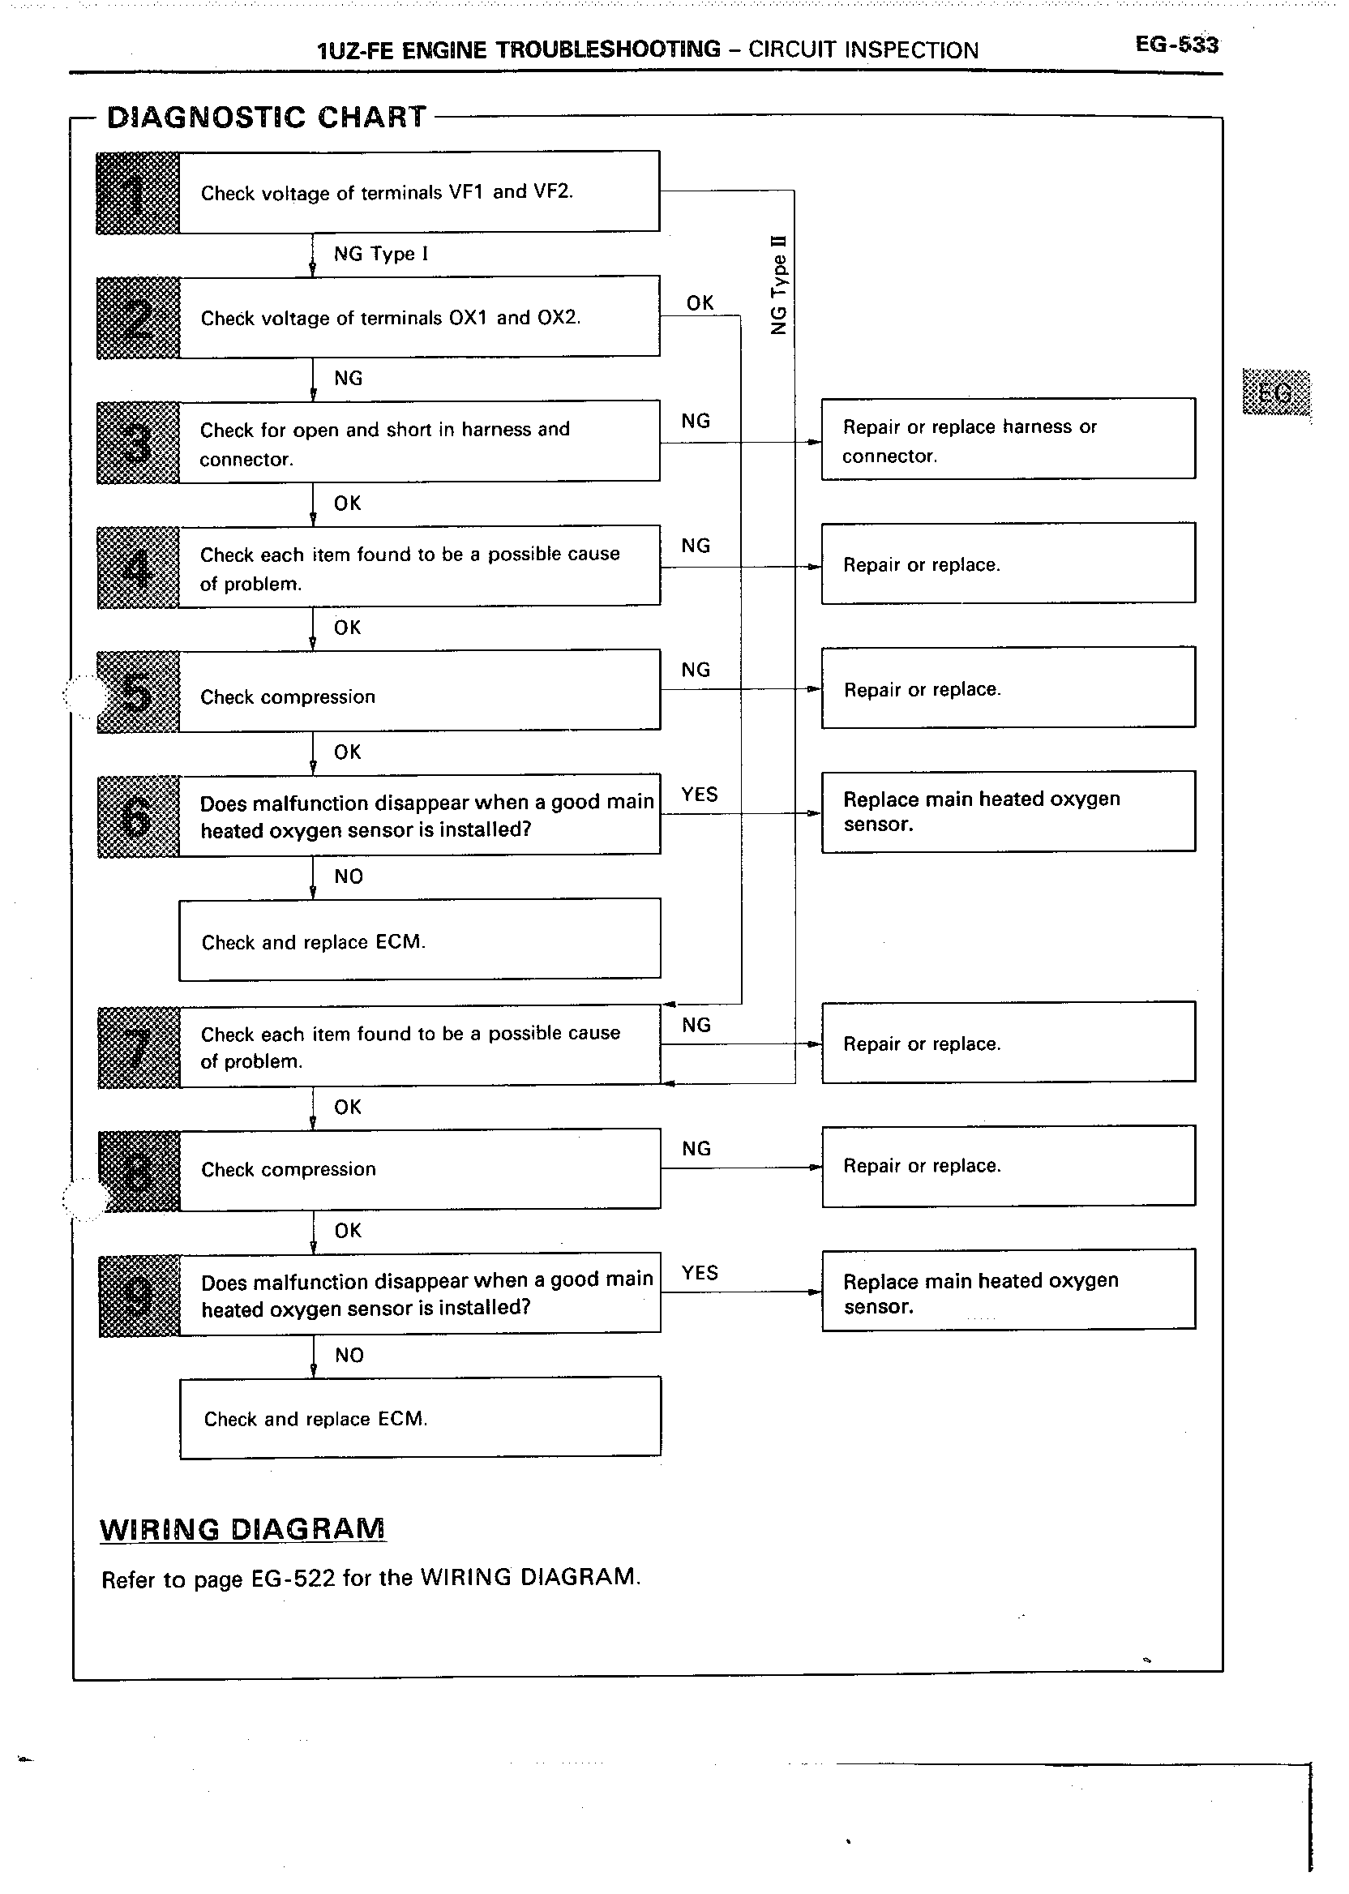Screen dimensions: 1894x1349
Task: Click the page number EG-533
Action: (1176, 45)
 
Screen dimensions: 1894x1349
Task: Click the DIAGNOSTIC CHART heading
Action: (267, 117)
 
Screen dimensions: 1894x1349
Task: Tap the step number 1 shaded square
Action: (138, 193)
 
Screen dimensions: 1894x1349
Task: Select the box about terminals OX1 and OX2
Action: (419, 317)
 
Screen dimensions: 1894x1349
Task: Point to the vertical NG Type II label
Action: (778, 285)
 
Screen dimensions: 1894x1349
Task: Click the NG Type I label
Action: (381, 255)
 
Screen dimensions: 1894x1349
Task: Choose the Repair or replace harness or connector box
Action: (1008, 439)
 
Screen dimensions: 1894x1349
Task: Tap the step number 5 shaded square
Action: (138, 692)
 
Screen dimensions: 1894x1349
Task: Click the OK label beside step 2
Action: (700, 303)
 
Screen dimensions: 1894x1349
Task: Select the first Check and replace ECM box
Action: (419, 941)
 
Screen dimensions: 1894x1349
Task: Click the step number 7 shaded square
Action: (139, 1048)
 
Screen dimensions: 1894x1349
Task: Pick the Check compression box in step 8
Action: (419, 1169)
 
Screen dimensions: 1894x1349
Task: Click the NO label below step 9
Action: (349, 1356)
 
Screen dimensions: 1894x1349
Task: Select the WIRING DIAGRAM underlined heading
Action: (242, 1529)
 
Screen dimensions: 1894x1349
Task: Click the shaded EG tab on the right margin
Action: (1276, 392)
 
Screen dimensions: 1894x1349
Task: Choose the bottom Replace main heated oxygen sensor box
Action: (1008, 1291)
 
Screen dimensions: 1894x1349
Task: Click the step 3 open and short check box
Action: (419, 442)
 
